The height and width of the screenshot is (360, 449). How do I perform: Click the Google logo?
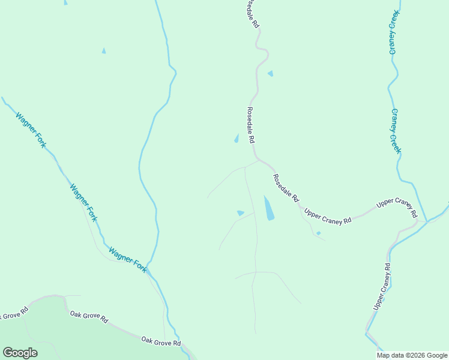click(20, 353)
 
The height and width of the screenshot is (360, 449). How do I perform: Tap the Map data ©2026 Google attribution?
click(412, 355)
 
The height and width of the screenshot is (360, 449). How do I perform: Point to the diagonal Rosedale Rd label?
click(286, 188)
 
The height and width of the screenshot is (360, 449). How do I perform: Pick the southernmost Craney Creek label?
click(395, 131)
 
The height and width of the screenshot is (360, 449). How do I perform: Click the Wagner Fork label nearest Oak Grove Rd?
click(127, 259)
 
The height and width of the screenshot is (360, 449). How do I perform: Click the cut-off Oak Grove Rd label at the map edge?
click(12, 314)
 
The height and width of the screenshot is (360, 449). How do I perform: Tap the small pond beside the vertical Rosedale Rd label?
click(236, 139)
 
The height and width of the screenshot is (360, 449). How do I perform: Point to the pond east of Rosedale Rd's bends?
click(271, 73)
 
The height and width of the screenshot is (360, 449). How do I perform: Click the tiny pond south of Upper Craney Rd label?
click(318, 233)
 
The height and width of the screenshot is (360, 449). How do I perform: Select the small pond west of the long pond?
click(240, 212)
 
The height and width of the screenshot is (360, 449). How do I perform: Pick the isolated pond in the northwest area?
click(103, 51)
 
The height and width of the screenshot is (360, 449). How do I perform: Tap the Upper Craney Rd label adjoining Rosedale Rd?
click(327, 217)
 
